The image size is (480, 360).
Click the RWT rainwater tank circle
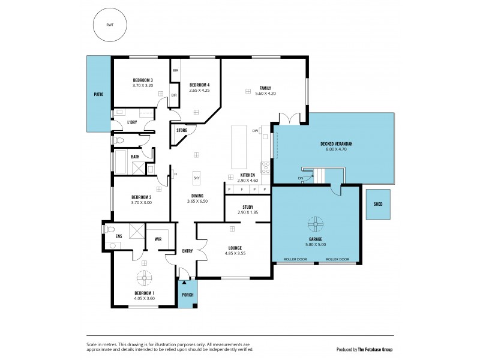point(109,25)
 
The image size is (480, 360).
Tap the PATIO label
point(98,94)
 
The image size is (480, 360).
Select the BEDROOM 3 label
point(143,80)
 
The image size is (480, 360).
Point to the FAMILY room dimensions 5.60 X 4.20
point(265,93)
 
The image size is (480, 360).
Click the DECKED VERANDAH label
point(336,144)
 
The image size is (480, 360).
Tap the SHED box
point(377,204)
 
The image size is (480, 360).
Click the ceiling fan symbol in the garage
point(316,225)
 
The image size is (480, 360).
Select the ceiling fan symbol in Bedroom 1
point(145,278)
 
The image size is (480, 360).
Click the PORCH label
point(188,295)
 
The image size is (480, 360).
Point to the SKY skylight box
point(196,177)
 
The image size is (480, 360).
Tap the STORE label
point(181,130)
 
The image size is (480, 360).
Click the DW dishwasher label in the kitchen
point(255,130)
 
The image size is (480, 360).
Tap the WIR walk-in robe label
point(158,239)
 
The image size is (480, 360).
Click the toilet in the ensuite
point(109,229)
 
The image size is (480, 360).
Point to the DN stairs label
point(301,178)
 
